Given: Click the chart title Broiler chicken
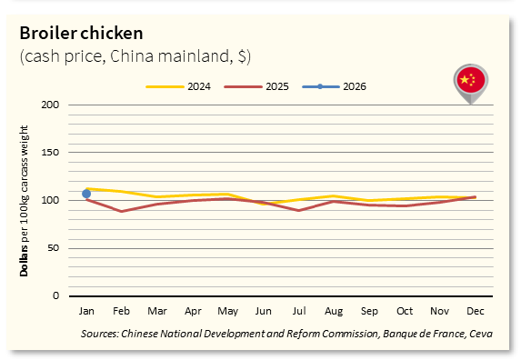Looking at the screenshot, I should pos(81,34).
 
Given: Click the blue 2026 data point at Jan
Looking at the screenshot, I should pos(86,194).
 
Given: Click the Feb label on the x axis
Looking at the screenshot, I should pos(121,311).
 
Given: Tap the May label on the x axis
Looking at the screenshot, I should pos(227,311).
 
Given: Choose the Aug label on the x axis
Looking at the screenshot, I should pos(334,311).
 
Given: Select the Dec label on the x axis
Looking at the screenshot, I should pos(475,311).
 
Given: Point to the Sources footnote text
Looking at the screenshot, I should pos(286,335).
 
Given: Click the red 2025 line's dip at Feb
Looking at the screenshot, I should pos(121,211).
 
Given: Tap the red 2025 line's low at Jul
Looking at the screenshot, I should pos(298,210).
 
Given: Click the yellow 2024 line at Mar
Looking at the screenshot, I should pos(156,196).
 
